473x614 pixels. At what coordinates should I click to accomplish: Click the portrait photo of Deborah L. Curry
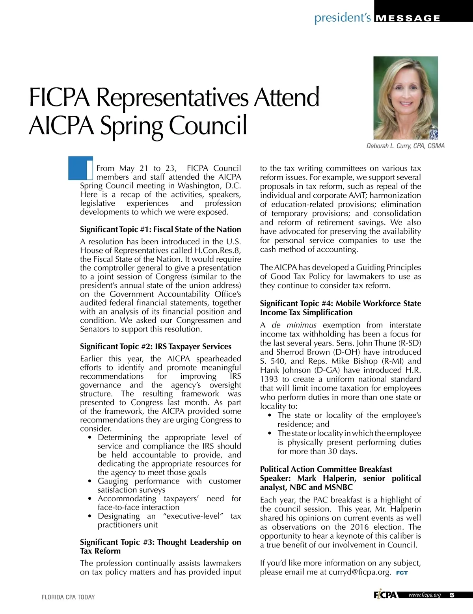pyautogui.click(x=406, y=98)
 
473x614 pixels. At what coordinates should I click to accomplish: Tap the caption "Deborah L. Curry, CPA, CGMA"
pyautogui.click(x=405, y=146)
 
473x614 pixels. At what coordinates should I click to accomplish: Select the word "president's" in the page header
pyautogui.click(x=342, y=18)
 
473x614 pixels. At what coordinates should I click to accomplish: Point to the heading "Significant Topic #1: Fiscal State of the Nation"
pyautogui.click(x=160, y=229)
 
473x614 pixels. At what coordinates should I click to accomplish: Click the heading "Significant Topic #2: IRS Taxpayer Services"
pyautogui.click(x=156, y=346)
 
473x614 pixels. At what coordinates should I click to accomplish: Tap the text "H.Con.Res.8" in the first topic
pyautogui.click(x=218, y=250)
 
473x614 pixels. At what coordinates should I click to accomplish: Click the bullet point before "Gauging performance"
pyautogui.click(x=91, y=481)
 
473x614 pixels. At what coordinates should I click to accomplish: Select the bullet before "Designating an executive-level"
pyautogui.click(x=91, y=516)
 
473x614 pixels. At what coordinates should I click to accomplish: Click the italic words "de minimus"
pyautogui.click(x=294, y=325)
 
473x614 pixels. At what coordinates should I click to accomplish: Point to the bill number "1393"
pyautogui.click(x=269, y=379)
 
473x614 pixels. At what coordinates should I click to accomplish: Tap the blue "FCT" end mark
pyautogui.click(x=402, y=573)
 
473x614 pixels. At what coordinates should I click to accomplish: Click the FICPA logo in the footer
pyautogui.click(x=385, y=595)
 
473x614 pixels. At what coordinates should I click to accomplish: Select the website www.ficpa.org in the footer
pyautogui.click(x=425, y=595)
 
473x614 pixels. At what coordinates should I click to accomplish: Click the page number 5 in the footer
pyautogui.click(x=452, y=595)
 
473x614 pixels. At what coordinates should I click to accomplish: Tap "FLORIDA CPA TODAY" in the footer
pyautogui.click(x=68, y=597)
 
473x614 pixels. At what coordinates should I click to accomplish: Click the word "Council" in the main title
pyautogui.click(x=208, y=125)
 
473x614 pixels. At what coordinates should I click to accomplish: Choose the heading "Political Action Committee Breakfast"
pyautogui.click(x=326, y=469)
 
